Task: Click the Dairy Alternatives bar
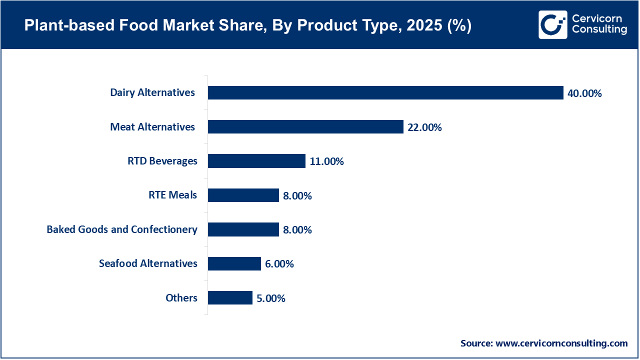[385, 93]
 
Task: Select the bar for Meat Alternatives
[305, 127]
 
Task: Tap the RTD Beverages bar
[256, 161]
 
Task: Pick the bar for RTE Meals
[243, 195]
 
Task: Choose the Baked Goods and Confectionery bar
[243, 229]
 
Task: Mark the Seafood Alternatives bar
[234, 263]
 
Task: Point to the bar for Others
[230, 298]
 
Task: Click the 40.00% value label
[584, 93]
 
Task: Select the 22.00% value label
[424, 127]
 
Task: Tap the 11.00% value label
[326, 161]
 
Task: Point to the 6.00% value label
[279, 264]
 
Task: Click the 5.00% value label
[271, 298]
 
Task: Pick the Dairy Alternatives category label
[152, 92]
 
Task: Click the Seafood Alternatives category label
[148, 263]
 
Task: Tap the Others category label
[181, 298]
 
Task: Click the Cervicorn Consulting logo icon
[552, 24]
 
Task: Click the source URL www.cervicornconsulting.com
[561, 343]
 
